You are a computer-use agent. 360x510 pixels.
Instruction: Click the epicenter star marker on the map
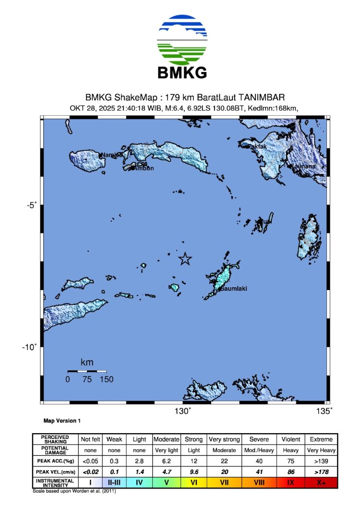[x=185, y=259]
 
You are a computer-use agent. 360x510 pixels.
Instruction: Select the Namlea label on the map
[x=111, y=155]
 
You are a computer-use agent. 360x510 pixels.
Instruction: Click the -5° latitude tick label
[x=32, y=206]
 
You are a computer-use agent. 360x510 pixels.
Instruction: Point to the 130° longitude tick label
[x=182, y=411]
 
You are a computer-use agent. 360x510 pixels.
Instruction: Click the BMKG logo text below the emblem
[x=182, y=73]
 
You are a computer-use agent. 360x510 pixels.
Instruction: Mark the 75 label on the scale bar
[x=87, y=379]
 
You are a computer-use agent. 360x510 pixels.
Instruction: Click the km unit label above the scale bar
[x=87, y=362]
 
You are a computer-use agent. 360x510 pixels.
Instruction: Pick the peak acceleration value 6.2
[x=166, y=461]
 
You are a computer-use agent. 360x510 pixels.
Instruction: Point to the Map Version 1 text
[x=62, y=421]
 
